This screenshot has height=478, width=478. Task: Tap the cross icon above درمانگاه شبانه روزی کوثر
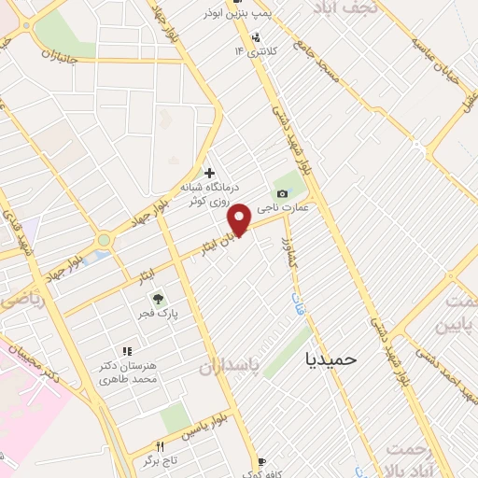click(209, 173)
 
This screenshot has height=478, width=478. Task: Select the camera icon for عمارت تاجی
click(283, 192)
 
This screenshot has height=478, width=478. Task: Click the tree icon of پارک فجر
click(159, 300)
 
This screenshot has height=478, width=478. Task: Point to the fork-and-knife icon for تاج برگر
click(160, 446)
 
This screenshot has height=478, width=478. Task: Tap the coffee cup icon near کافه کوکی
click(261, 462)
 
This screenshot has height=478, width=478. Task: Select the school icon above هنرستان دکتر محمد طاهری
click(128, 351)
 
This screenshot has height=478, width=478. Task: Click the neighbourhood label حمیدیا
click(331, 357)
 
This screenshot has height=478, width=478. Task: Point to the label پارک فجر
click(161, 316)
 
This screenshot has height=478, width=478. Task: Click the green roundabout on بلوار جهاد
click(104, 240)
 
